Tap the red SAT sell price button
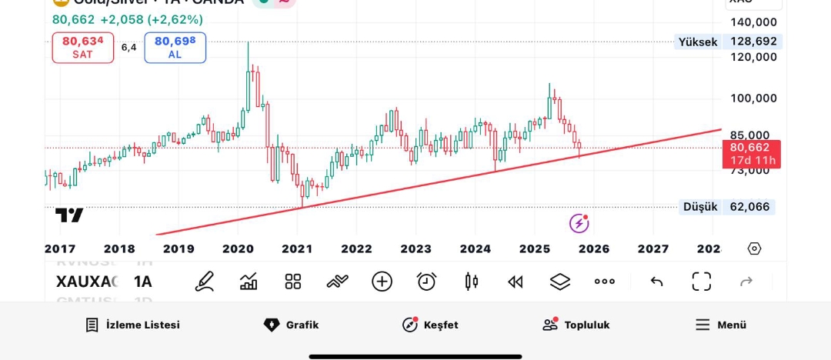tap(83, 48)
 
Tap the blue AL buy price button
tap(175, 48)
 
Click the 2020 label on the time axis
tap(238, 248)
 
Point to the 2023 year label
tap(415, 248)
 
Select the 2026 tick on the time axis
tap(594, 248)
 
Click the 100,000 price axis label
tap(753, 98)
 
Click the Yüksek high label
tap(697, 42)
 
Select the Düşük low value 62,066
tap(749, 206)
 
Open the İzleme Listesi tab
tap(132, 325)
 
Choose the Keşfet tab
tap(430, 325)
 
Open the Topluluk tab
tap(576, 325)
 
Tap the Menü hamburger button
tap(720, 325)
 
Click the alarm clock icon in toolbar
tap(426, 282)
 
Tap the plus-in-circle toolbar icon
tap(382, 282)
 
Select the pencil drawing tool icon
tap(204, 282)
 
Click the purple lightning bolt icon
tap(579, 223)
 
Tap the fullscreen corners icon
tap(701, 282)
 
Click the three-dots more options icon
tap(605, 282)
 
